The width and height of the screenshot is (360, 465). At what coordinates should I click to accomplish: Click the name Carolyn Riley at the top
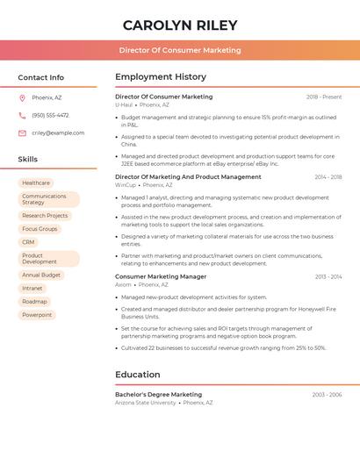tap(180, 25)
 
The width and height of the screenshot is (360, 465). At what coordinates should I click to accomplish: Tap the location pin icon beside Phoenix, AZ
tap(22, 97)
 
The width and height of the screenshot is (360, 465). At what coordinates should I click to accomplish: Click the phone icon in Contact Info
tap(22, 115)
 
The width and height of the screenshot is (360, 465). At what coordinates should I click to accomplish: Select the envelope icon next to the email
tap(22, 133)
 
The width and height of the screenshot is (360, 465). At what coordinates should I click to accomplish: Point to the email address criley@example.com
tap(58, 133)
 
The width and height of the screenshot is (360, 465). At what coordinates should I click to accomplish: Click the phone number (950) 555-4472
tap(50, 115)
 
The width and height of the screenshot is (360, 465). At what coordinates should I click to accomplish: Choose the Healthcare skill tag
tap(36, 182)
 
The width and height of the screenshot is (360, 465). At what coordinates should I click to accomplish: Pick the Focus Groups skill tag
tap(40, 229)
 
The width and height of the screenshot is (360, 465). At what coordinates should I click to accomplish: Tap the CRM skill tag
tap(29, 242)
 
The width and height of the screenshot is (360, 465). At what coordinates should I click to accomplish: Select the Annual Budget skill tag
tap(41, 275)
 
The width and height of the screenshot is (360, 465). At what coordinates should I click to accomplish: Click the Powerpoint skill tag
tap(37, 315)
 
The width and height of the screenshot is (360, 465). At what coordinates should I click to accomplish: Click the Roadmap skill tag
tap(34, 302)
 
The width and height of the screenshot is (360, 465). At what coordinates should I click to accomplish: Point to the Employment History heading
tap(161, 77)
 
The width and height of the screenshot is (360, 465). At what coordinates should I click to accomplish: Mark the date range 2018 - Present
tap(324, 97)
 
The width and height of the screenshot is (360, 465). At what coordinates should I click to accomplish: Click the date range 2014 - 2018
tap(328, 177)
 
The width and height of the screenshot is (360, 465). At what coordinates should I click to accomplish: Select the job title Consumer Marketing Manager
tap(161, 276)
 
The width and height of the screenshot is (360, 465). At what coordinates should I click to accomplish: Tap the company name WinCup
tap(126, 185)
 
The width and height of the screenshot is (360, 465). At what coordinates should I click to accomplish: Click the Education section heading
tap(138, 375)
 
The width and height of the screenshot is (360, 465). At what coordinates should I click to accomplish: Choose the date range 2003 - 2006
tap(327, 395)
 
